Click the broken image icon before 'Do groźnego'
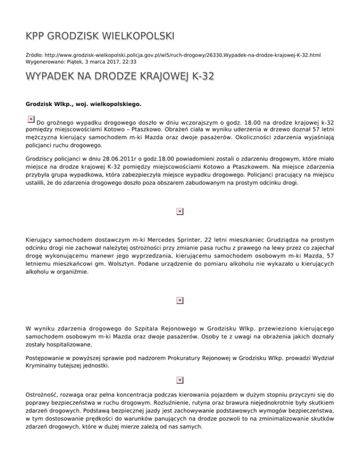tap(30, 119)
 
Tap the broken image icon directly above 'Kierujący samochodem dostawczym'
tap(180, 212)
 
